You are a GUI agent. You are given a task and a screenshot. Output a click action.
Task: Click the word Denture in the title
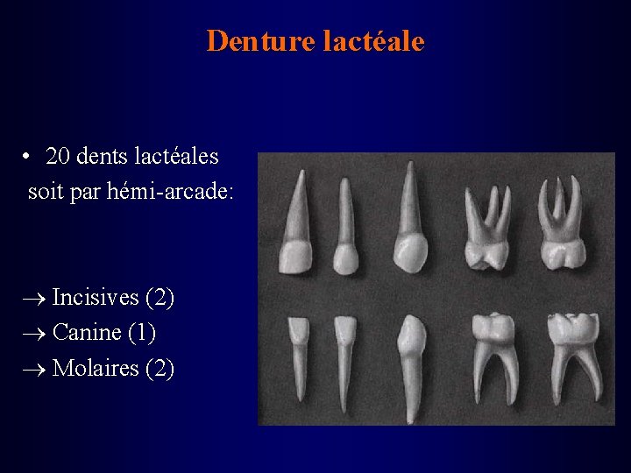(x=260, y=41)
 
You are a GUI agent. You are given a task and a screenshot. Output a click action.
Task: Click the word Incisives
(x=95, y=298)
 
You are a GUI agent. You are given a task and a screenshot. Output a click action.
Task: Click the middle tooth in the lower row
(x=409, y=359)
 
